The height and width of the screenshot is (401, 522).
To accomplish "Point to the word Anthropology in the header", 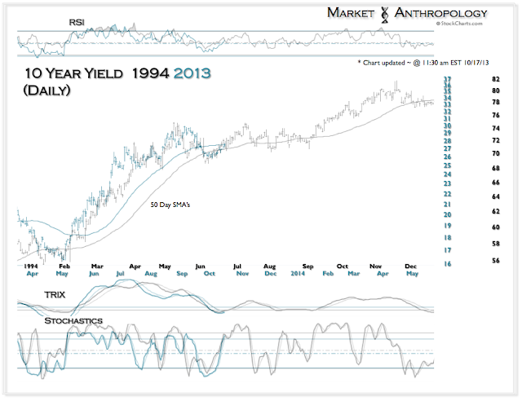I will [x=441, y=12].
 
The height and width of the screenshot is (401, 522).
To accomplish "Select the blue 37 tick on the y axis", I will [x=448, y=79].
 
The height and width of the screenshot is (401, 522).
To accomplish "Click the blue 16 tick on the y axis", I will [x=448, y=264].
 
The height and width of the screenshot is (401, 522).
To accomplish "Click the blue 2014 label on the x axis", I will [x=300, y=274].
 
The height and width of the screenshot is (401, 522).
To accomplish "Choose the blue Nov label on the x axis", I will [x=243, y=274].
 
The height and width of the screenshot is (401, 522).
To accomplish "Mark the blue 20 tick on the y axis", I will [x=448, y=214].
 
